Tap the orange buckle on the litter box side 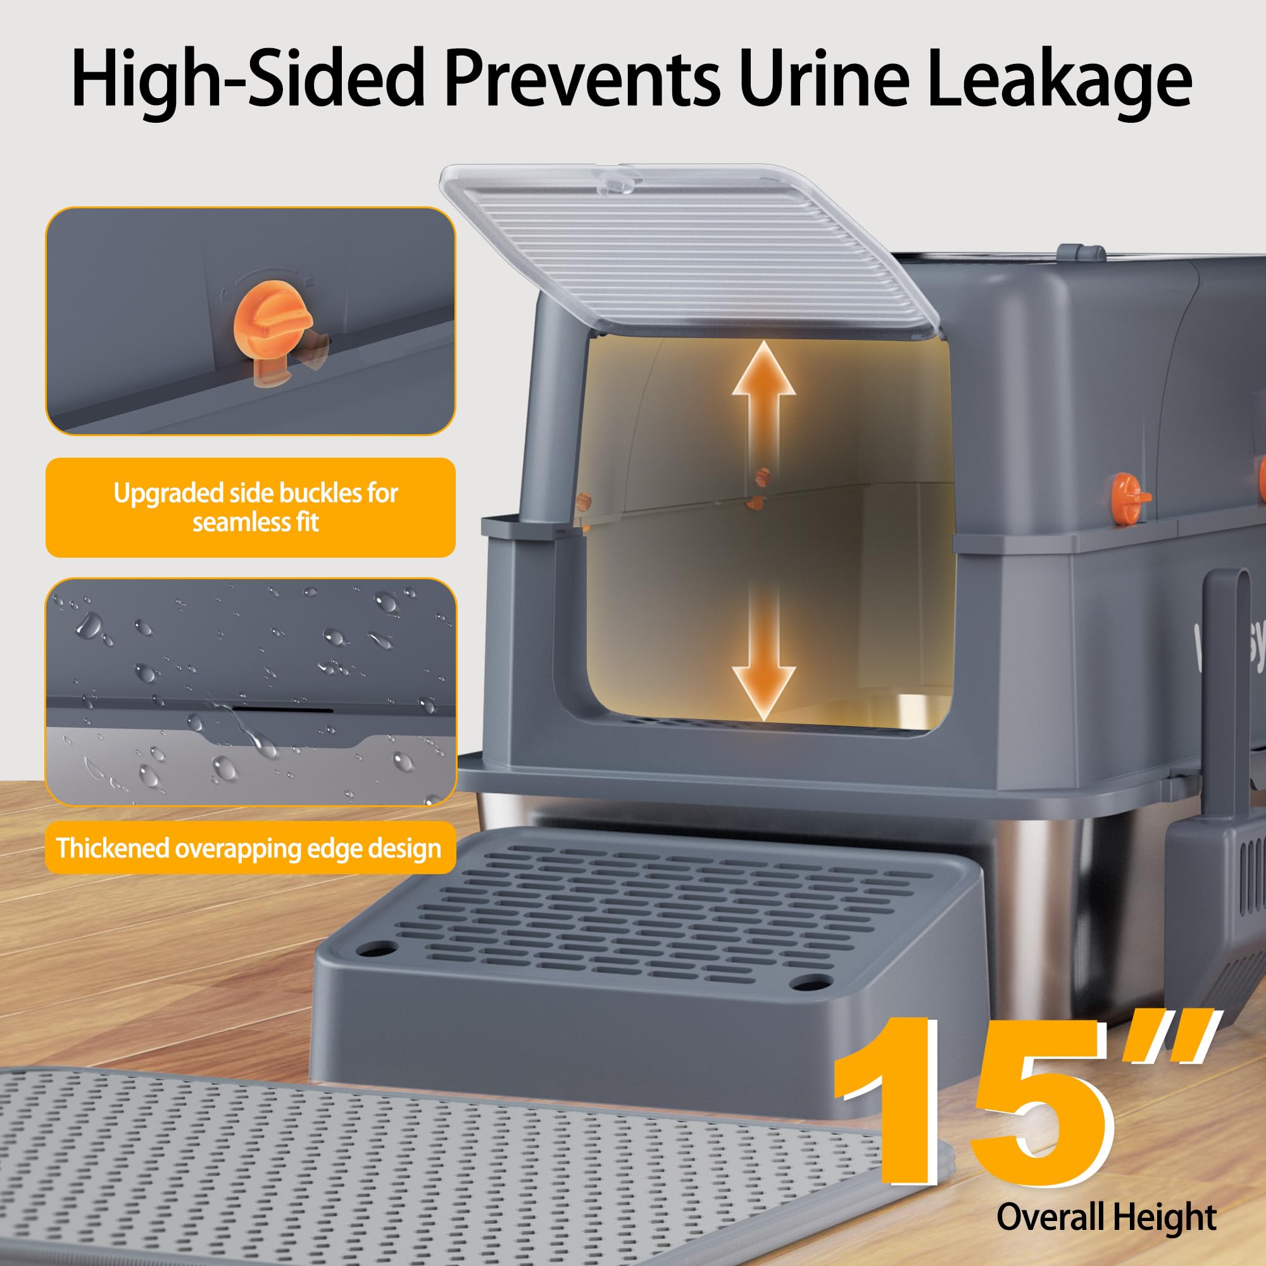[1131, 498]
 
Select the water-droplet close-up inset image [250, 691]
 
